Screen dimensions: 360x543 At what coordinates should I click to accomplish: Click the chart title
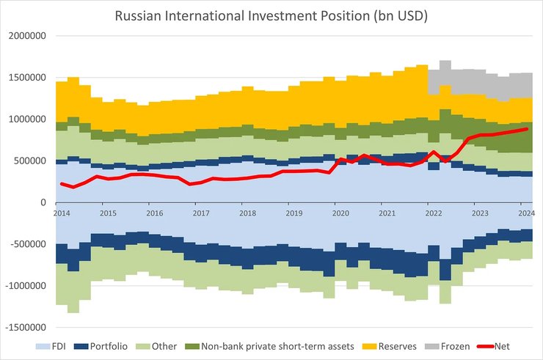coord(271,15)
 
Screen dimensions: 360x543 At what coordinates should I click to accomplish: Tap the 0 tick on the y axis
coord(43,203)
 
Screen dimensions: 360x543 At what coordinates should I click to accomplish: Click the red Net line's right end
coord(527,129)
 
